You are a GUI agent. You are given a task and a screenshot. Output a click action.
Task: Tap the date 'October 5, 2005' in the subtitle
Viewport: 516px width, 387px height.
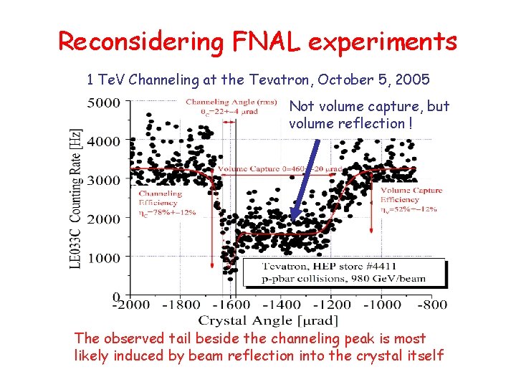pos(373,80)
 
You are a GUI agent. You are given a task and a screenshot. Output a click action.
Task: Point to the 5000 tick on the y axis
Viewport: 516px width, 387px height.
pos(104,102)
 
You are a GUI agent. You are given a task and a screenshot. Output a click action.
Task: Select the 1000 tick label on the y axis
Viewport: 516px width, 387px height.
pos(104,257)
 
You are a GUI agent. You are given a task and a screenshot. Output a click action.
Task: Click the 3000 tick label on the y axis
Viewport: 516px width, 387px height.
pos(104,180)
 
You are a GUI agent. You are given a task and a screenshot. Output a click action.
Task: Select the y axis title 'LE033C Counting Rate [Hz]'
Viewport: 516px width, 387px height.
pos(75,199)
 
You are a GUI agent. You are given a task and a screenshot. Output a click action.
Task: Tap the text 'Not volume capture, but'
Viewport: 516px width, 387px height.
pos(369,107)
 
